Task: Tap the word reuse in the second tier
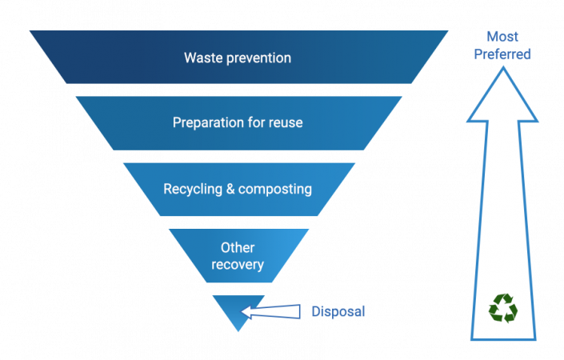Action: click(286, 123)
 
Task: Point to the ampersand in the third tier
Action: click(230, 190)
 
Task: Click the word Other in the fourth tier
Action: click(238, 248)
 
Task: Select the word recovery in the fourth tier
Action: click(238, 264)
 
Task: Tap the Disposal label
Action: click(338, 311)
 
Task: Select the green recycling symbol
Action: click(503, 308)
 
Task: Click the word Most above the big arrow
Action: click(503, 37)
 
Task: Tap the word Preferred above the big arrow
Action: click(503, 54)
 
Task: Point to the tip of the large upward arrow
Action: click(502, 67)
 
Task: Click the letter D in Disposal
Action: click(315, 311)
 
